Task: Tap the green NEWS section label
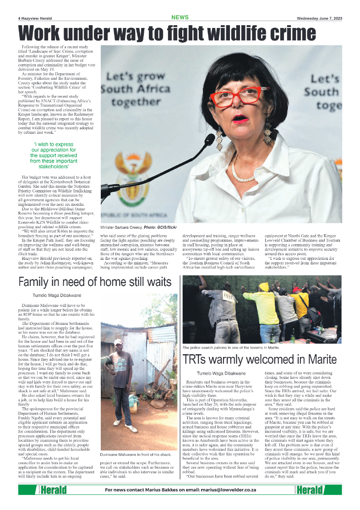[x=180, y=17]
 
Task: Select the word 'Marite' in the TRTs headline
[x=323, y=360]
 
